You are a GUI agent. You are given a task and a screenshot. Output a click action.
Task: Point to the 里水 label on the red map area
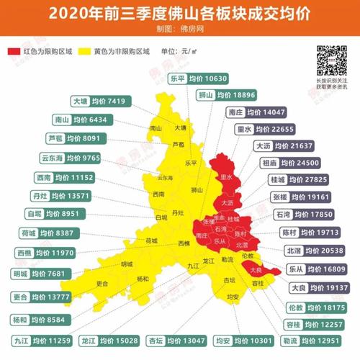(228, 176)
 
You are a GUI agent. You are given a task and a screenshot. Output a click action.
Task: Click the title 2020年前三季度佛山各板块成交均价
(180, 12)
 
